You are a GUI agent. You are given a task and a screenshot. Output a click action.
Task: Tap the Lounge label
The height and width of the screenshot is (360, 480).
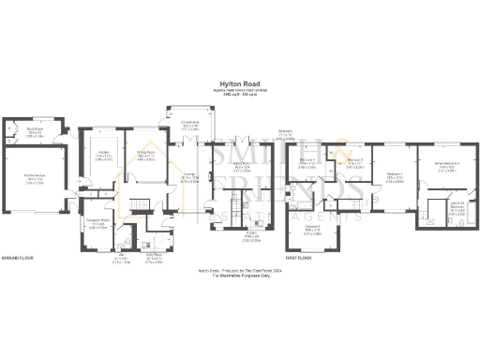click(188, 179)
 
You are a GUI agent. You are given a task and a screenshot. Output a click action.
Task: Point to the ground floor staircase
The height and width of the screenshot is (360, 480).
click(135, 205)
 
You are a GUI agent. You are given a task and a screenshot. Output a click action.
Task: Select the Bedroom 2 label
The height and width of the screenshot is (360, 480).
click(312, 227)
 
